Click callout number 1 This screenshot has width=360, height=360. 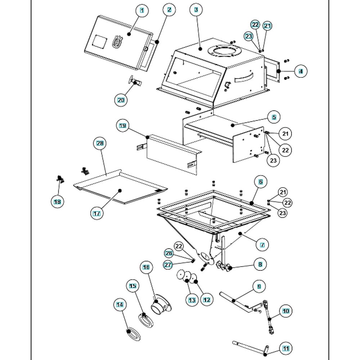point(142,10)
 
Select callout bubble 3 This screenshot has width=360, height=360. point(196,10)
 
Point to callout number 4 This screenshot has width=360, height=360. point(301,71)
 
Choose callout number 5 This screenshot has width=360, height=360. point(274,117)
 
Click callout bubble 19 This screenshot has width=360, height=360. point(122,125)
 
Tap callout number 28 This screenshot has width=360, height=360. point(100,143)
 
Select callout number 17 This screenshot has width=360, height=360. point(96,213)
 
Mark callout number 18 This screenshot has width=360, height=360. point(57,202)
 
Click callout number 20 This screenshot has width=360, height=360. point(121,100)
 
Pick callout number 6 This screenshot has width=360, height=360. point(261,182)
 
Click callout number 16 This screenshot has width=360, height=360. point(146,267)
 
